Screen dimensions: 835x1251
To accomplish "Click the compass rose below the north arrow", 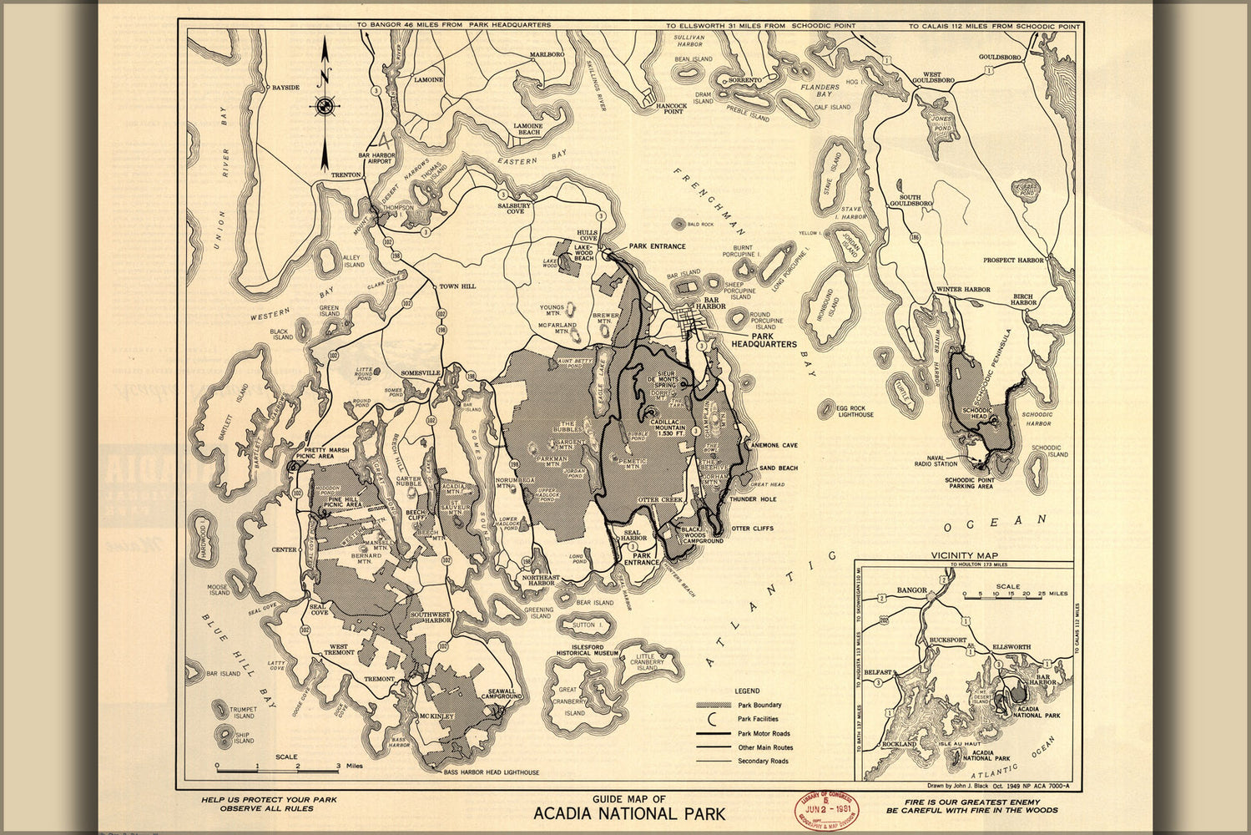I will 324,106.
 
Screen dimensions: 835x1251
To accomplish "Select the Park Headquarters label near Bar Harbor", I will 764,339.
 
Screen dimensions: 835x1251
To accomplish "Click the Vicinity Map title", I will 964,555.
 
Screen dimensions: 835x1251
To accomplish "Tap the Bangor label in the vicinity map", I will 911,590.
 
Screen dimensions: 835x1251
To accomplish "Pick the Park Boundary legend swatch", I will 708,706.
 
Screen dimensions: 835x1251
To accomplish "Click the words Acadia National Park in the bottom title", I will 629,813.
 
